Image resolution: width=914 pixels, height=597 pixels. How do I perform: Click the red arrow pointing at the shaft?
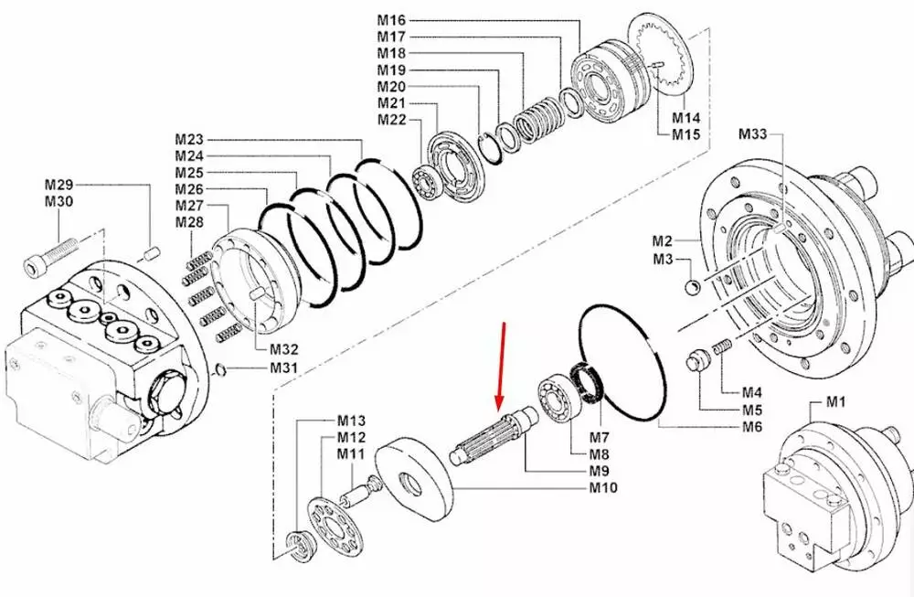[500, 366]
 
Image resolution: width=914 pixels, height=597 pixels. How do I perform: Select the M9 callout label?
[599, 471]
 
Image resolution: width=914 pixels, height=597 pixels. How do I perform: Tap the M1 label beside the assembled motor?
[837, 401]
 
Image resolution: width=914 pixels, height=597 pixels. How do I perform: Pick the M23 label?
[189, 140]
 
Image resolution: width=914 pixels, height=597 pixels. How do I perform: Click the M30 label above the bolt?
[58, 201]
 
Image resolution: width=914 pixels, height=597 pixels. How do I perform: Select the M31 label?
[283, 368]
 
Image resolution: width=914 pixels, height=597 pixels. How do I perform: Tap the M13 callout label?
[351, 421]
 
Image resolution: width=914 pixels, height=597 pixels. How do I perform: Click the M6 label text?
[751, 427]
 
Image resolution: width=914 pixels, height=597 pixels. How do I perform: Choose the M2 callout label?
[663, 241]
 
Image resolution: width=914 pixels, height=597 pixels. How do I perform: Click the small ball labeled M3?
[692, 288]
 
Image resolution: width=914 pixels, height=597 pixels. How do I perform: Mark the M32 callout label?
[283, 349]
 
